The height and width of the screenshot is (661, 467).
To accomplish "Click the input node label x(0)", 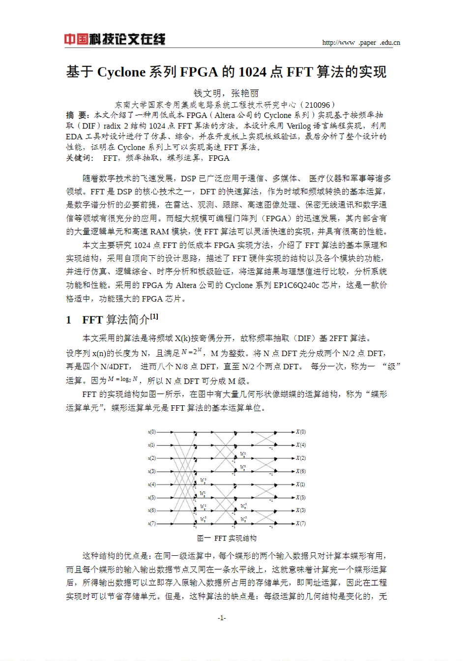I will (152, 432).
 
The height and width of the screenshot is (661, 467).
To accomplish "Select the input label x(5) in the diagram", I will (152, 498).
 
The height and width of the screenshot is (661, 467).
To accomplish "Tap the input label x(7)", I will (152, 524).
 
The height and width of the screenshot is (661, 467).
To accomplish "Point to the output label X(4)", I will (300, 445).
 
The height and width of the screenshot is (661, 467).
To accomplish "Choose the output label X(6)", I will (300, 471).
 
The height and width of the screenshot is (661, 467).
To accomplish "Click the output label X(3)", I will (300, 511).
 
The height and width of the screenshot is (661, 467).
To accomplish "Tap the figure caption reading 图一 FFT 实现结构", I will (227, 538).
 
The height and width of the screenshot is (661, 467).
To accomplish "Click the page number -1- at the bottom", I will (222, 618).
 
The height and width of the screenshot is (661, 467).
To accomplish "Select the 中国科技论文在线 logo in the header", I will (115, 39).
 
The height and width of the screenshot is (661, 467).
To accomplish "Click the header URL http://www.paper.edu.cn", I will (361, 43).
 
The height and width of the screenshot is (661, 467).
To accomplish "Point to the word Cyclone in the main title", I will (121, 72).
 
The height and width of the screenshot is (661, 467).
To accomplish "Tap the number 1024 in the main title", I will (252, 72).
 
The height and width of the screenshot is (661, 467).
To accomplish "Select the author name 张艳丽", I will (245, 93).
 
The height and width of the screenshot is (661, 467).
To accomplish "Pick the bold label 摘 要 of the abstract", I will (77, 115).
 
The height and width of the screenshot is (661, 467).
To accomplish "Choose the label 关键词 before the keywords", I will (79, 158).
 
